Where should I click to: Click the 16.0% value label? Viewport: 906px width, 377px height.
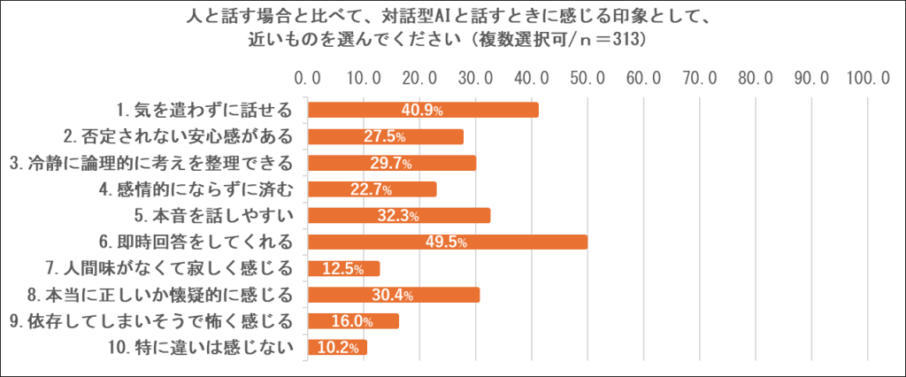[351, 321]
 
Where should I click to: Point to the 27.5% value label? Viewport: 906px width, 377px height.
[384, 136]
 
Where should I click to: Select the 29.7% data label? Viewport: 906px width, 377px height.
[390, 163]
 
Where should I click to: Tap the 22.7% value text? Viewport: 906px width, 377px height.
[371, 189]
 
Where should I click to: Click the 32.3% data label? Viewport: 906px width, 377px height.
[397, 216]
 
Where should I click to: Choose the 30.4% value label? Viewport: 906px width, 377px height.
[392, 295]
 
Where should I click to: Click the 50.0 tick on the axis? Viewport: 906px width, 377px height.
[587, 79]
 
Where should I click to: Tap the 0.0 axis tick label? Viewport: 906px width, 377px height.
[308, 79]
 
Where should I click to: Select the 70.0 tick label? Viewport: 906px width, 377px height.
[699, 79]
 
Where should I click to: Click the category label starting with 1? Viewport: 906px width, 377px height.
[204, 110]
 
